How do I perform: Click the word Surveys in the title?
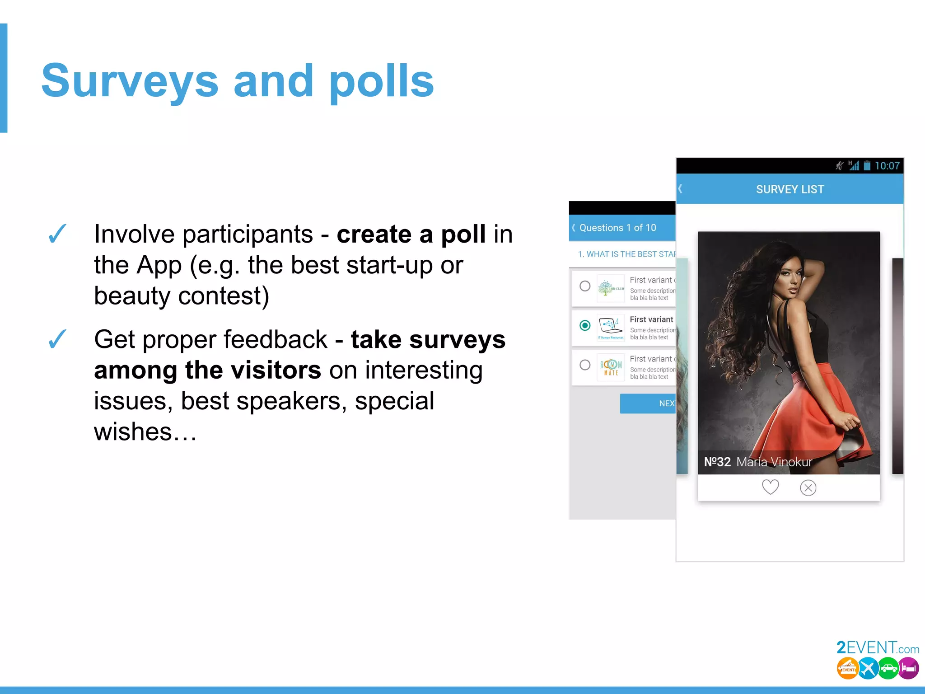click(x=130, y=81)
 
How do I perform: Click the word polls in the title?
click(x=381, y=81)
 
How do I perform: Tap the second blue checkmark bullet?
click(x=57, y=339)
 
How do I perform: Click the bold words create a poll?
click(x=411, y=234)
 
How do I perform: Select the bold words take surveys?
click(x=428, y=340)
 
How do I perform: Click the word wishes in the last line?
click(x=133, y=431)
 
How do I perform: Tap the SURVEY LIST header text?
click(x=790, y=189)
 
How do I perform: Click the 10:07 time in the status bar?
click(x=887, y=166)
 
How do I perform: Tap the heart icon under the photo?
click(x=770, y=487)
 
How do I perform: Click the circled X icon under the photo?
click(x=808, y=488)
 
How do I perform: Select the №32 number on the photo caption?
click(x=717, y=462)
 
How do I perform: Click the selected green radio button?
click(x=585, y=325)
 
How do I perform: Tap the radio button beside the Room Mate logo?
click(x=585, y=365)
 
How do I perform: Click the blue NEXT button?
click(x=648, y=403)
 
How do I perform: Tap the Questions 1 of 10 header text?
click(x=617, y=228)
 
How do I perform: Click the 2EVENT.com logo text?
click(x=877, y=648)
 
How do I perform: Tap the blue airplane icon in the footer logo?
click(x=868, y=668)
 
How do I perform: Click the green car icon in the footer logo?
click(x=888, y=669)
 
